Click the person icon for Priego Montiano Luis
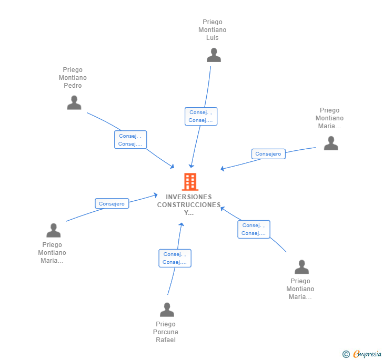pos(214,55)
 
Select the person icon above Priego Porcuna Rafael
pos(167,310)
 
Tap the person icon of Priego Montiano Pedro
pos(74,102)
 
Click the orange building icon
pos(190,182)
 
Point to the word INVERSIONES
pos(188,197)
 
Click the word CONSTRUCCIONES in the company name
pos(189,204)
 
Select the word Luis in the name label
pos(213,38)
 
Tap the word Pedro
pos(73,86)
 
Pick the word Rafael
pos(166,340)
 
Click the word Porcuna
pos(166,332)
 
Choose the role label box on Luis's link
pos(201,116)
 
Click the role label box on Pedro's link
pos(130,140)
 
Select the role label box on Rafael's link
pos(175,258)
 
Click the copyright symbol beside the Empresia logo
pos(346,354)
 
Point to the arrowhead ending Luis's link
pos(191,166)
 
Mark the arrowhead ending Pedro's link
pos(172,167)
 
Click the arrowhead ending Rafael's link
pos(182,224)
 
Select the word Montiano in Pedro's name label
pos(73,78)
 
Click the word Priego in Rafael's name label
pos(166,324)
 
